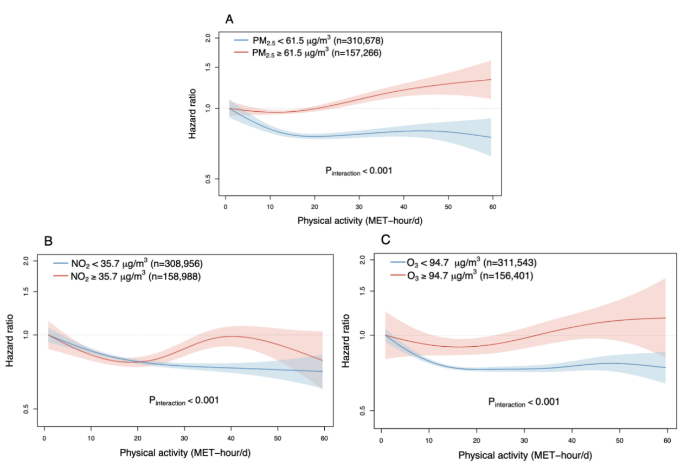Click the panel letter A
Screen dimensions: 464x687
coord(230,20)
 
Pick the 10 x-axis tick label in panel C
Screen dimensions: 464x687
coord(429,438)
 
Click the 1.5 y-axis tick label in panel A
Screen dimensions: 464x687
coord(208,67)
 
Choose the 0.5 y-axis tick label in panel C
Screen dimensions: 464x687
coord(364,410)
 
